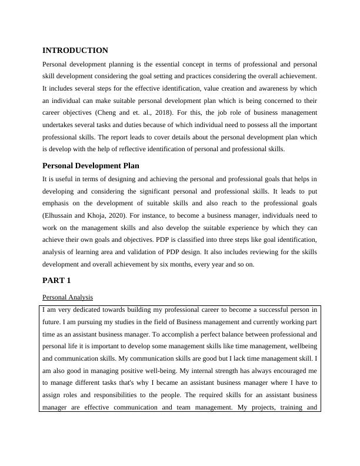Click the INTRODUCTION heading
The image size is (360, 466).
75,51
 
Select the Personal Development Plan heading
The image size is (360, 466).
91,166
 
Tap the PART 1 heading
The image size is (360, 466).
58,281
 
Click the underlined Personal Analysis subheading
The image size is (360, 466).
68,297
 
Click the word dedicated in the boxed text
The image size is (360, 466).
77,309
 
